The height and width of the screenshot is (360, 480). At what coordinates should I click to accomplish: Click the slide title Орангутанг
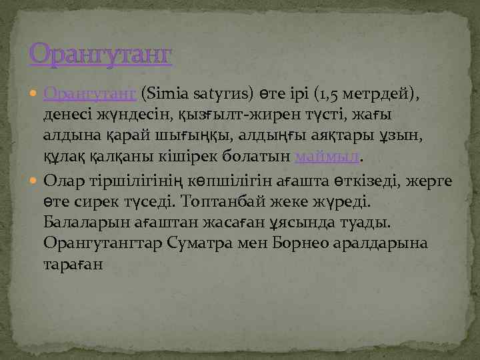click(100, 54)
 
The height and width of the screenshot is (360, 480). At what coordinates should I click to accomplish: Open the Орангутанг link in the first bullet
click(90, 92)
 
